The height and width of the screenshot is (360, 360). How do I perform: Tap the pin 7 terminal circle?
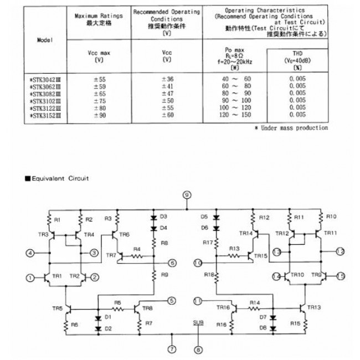pos(172,349)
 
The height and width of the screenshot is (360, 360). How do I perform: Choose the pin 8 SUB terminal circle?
pos(198,349)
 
